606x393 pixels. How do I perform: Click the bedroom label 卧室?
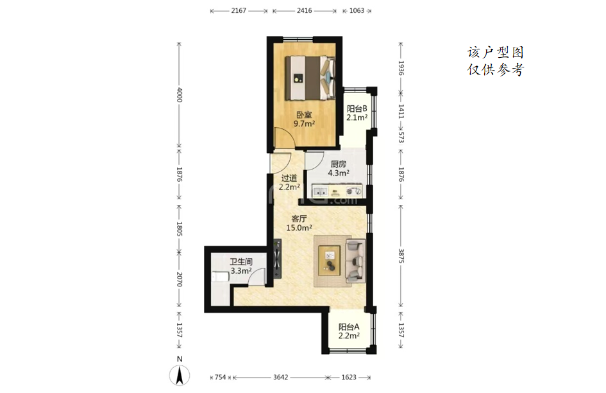tap(304, 115)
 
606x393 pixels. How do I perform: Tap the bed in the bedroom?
tap(310, 78)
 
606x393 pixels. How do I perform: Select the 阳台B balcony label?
tap(357, 109)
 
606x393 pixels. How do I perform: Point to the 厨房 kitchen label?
tap(338, 164)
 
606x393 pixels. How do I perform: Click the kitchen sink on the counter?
tap(320, 191)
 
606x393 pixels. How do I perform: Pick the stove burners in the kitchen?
tap(353, 191)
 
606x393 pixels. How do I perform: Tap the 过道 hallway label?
tap(289, 178)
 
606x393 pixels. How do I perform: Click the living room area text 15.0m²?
tap(299, 228)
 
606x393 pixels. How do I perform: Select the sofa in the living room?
tap(355, 261)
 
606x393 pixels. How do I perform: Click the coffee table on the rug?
tap(329, 261)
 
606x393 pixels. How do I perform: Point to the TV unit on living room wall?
tap(277, 259)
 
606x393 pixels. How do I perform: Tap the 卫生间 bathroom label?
tap(241, 262)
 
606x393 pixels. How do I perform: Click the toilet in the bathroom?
tap(219, 277)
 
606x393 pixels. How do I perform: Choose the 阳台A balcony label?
tap(349, 327)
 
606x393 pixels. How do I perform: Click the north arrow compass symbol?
tap(180, 375)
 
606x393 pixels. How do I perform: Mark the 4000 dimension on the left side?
tap(179, 95)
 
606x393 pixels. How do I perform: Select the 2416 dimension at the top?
tap(305, 11)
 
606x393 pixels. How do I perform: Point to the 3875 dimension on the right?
tap(401, 256)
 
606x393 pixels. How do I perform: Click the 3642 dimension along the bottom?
tap(281, 377)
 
